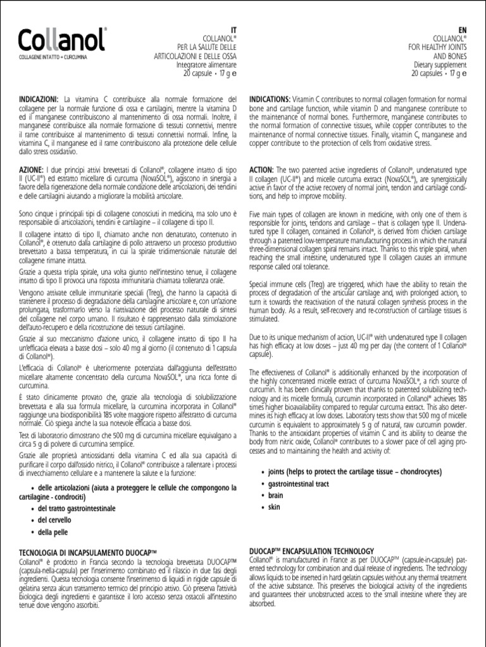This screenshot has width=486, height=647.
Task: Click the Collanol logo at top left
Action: point(62,40)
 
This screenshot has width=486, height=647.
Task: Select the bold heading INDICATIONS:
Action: point(270,100)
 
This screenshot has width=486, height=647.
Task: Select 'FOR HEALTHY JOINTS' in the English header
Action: point(437,47)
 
